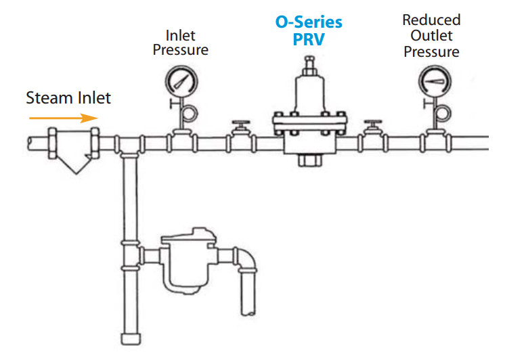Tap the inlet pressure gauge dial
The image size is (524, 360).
pyautogui.click(x=179, y=83)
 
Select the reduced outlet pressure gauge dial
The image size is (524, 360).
pyautogui.click(x=430, y=82)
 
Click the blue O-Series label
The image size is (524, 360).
pyautogui.click(x=308, y=22)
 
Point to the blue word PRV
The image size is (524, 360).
pyautogui.click(x=309, y=40)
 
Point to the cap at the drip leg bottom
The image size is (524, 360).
pyautogui.click(x=129, y=339)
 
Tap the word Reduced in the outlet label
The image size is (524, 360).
pyautogui.click(x=431, y=20)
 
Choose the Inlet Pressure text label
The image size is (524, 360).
pyautogui.click(x=180, y=42)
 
